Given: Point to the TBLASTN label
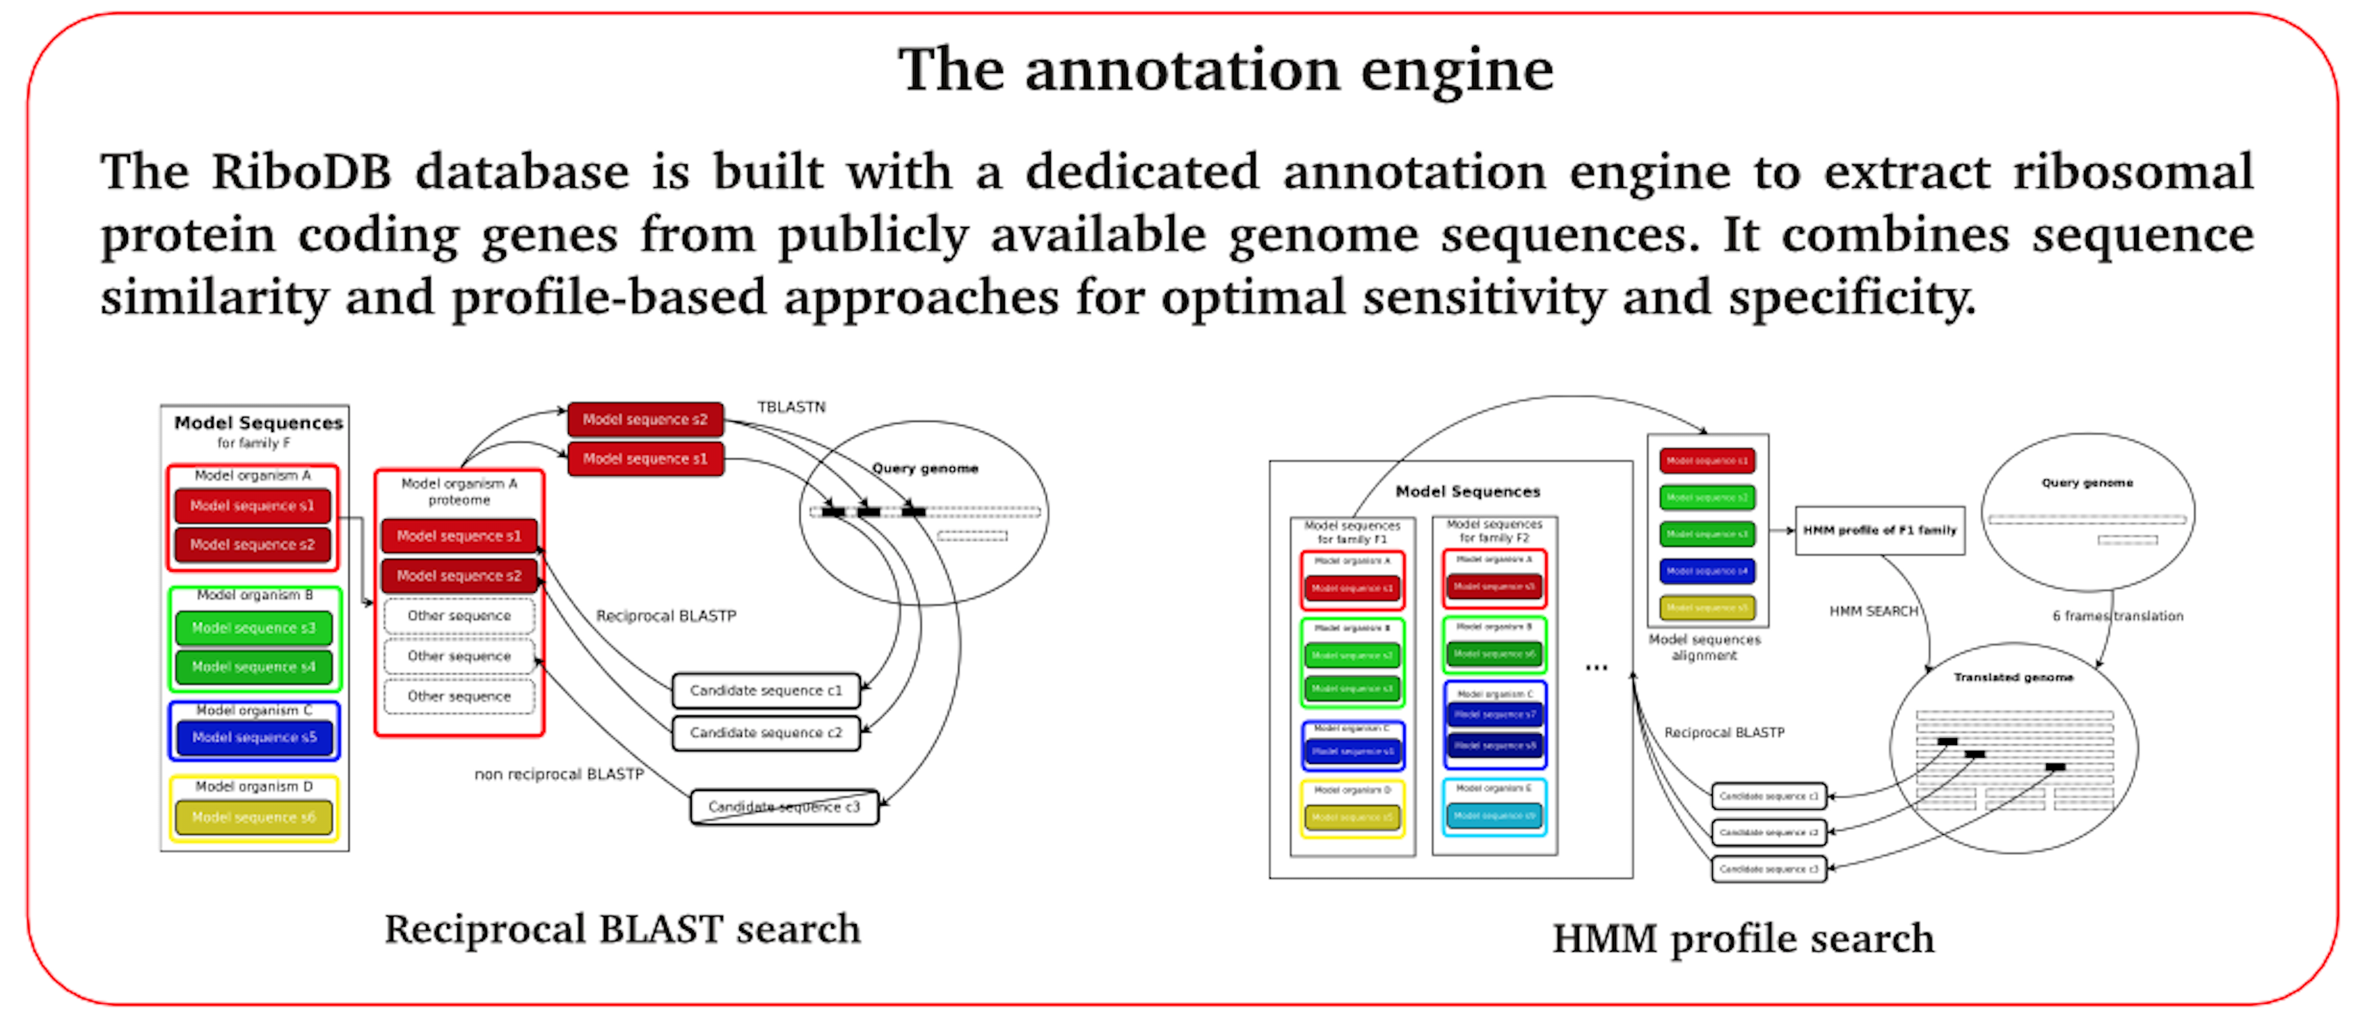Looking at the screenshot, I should [791, 407].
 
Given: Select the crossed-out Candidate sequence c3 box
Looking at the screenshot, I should [784, 807].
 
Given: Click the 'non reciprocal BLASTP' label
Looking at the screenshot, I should [558, 774].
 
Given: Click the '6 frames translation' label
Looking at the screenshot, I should [2117, 615].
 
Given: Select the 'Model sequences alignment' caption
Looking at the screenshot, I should [1704, 647].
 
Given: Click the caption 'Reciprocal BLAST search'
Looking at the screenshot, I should [622, 929].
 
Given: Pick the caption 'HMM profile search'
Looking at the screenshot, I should [1743, 939].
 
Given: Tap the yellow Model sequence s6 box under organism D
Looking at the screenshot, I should [253, 817].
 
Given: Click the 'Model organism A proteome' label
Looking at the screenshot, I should [459, 491].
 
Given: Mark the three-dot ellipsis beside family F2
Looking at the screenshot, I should [1596, 667].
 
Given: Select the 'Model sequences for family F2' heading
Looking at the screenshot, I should [1494, 531].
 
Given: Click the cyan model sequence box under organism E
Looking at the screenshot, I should [1494, 815].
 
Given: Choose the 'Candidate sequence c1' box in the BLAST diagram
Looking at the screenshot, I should [766, 690].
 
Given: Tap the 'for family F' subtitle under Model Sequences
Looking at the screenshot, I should [253, 443].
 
